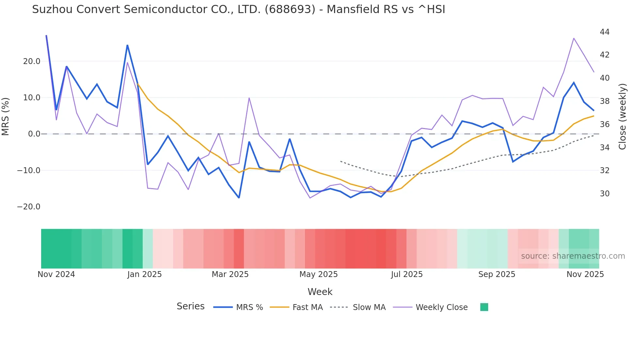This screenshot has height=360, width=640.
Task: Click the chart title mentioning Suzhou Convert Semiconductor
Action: click(x=238, y=9)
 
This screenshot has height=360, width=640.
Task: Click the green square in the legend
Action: click(x=484, y=307)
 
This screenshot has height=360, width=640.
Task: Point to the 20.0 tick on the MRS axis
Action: click(x=32, y=61)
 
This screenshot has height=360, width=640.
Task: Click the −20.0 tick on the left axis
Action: click(x=29, y=207)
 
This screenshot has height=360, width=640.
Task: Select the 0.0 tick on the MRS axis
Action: click(x=34, y=134)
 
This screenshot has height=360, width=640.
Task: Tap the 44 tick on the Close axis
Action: click(x=605, y=32)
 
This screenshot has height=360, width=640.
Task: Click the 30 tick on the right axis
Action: click(x=605, y=194)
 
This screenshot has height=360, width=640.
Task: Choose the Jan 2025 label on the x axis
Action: click(x=144, y=274)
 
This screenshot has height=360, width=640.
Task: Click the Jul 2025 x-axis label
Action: click(x=407, y=274)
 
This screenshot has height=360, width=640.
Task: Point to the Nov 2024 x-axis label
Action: click(x=56, y=274)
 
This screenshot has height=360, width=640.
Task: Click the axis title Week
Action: click(x=320, y=292)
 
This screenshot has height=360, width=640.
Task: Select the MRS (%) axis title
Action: click(x=6, y=116)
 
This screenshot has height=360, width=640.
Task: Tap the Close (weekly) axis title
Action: click(x=622, y=116)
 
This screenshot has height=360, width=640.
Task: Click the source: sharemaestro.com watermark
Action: click(x=573, y=256)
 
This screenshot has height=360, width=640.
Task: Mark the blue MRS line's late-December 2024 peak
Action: click(x=127, y=45)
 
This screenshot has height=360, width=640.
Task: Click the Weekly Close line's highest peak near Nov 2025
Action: click(x=574, y=38)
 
